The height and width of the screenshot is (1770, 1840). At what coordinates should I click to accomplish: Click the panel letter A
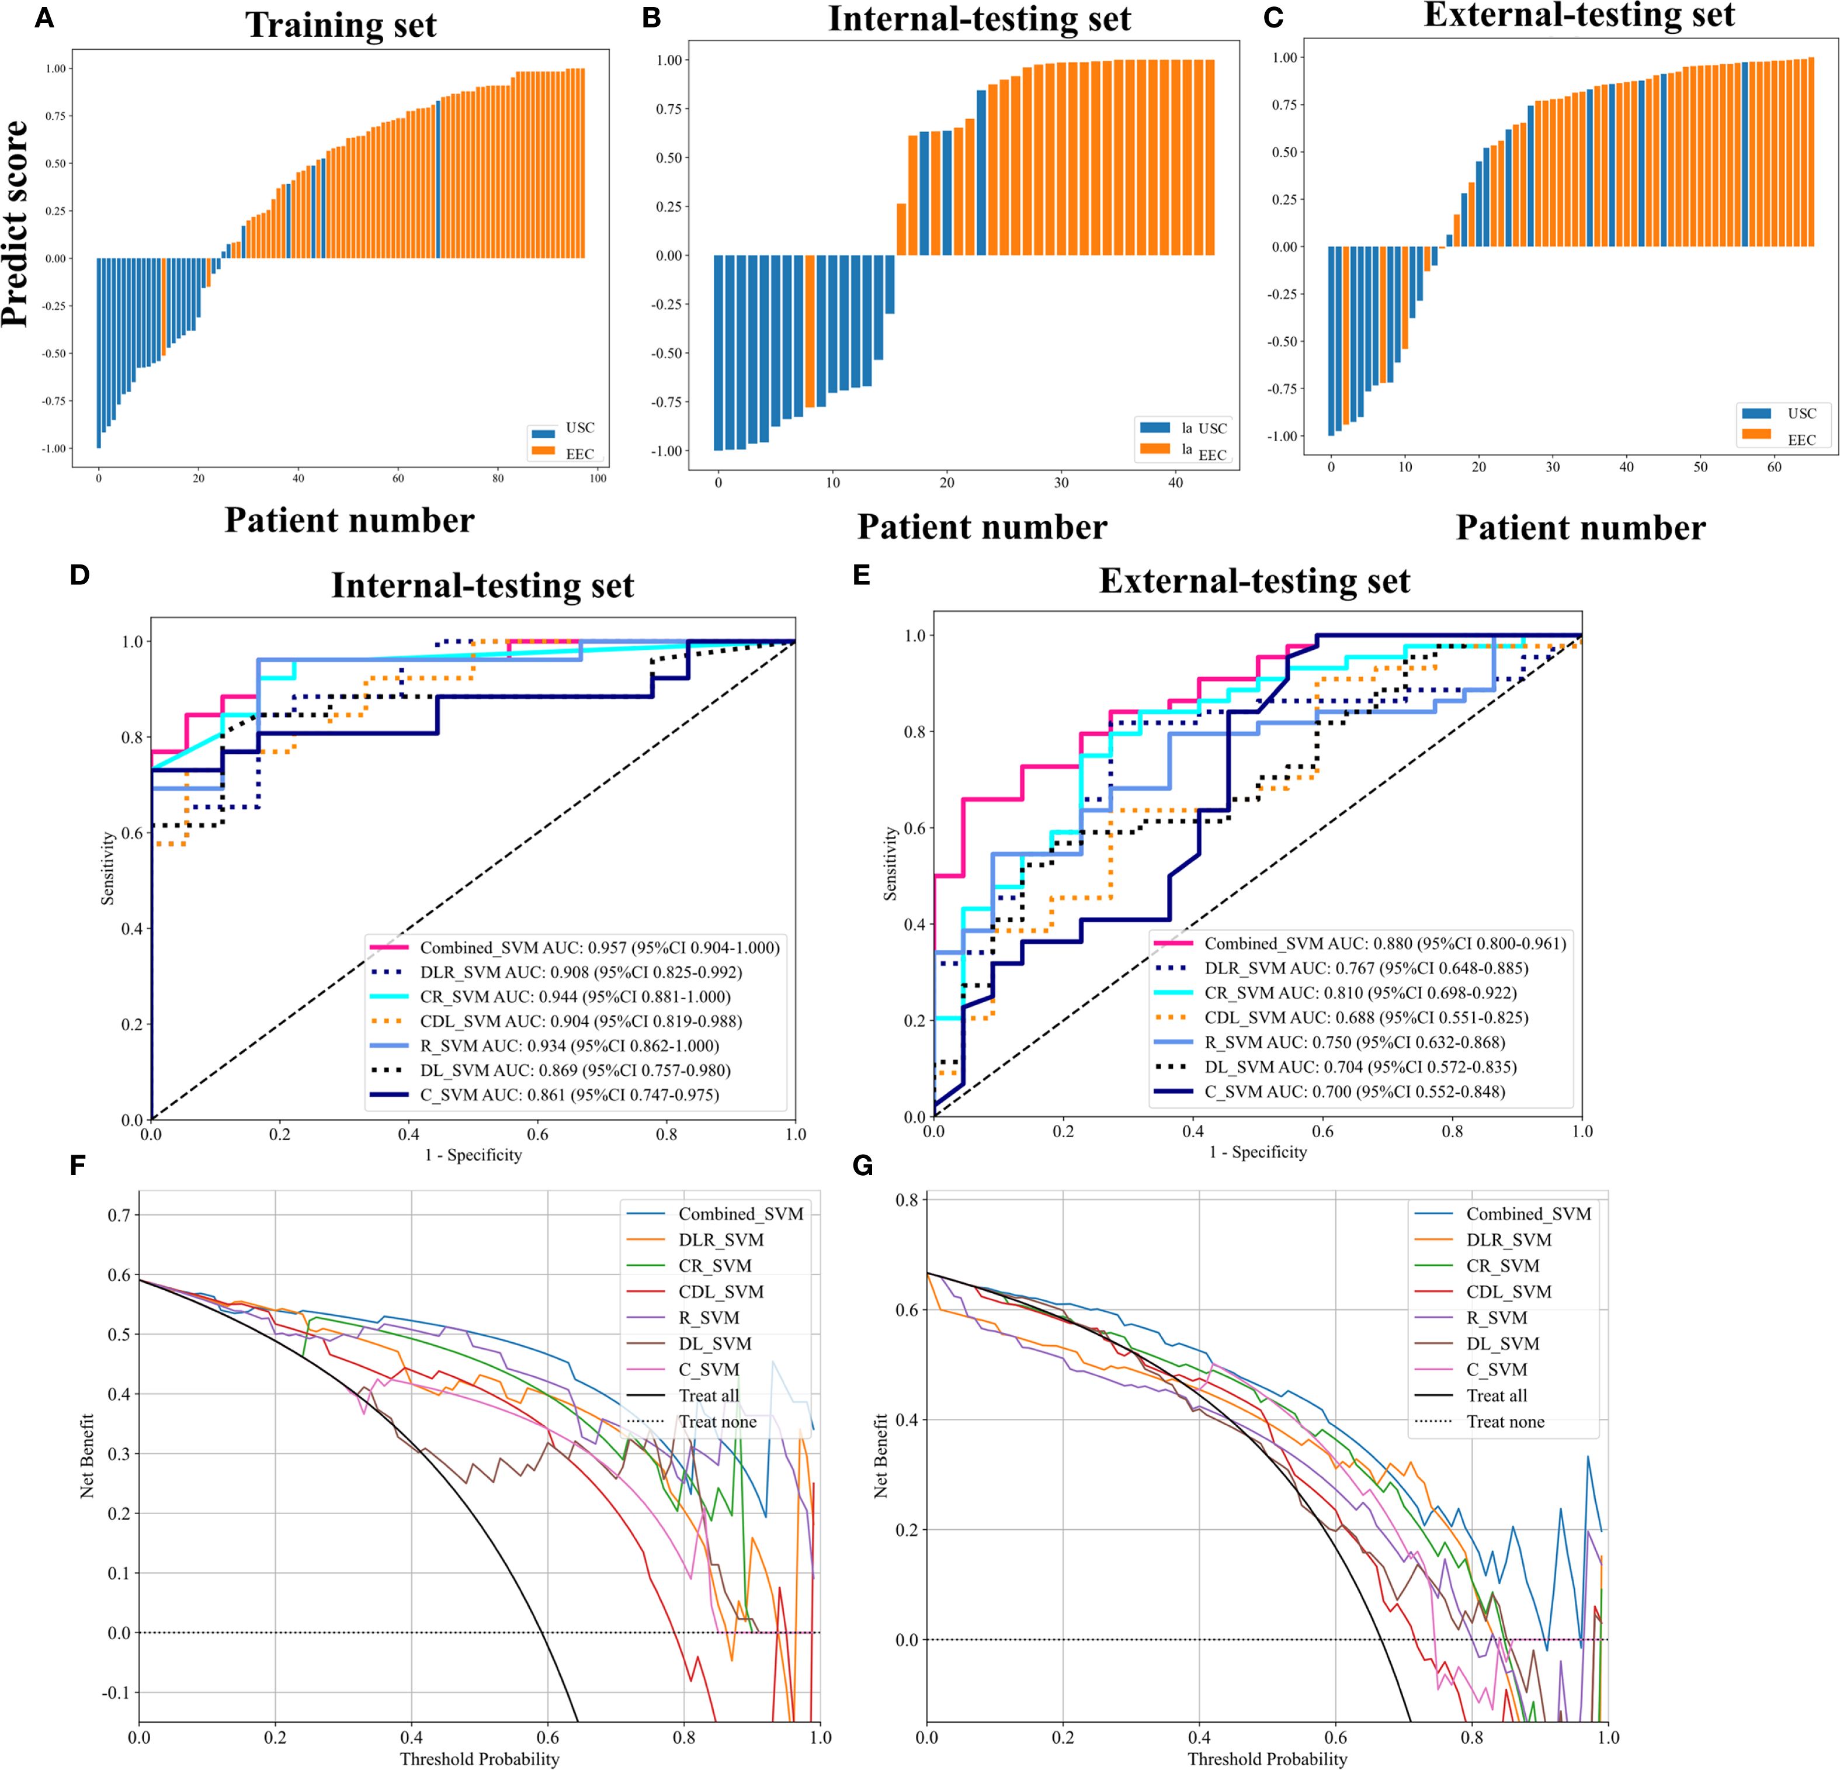click(x=43, y=18)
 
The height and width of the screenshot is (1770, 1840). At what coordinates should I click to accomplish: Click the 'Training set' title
click(x=341, y=25)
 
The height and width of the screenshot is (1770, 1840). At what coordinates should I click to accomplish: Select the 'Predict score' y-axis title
click(x=15, y=223)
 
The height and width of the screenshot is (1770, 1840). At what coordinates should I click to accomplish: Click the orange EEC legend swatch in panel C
click(x=1755, y=434)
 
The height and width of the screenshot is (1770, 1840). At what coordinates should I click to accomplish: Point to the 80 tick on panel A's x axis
click(x=498, y=479)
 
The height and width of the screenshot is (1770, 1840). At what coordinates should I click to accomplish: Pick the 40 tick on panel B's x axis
click(x=1175, y=483)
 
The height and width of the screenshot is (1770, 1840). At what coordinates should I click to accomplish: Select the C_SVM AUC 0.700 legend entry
click(x=1355, y=1091)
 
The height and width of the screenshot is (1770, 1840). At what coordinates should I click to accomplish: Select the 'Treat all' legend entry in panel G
click(x=1497, y=1395)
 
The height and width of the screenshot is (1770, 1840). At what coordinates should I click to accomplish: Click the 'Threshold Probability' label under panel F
click(x=479, y=1759)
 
